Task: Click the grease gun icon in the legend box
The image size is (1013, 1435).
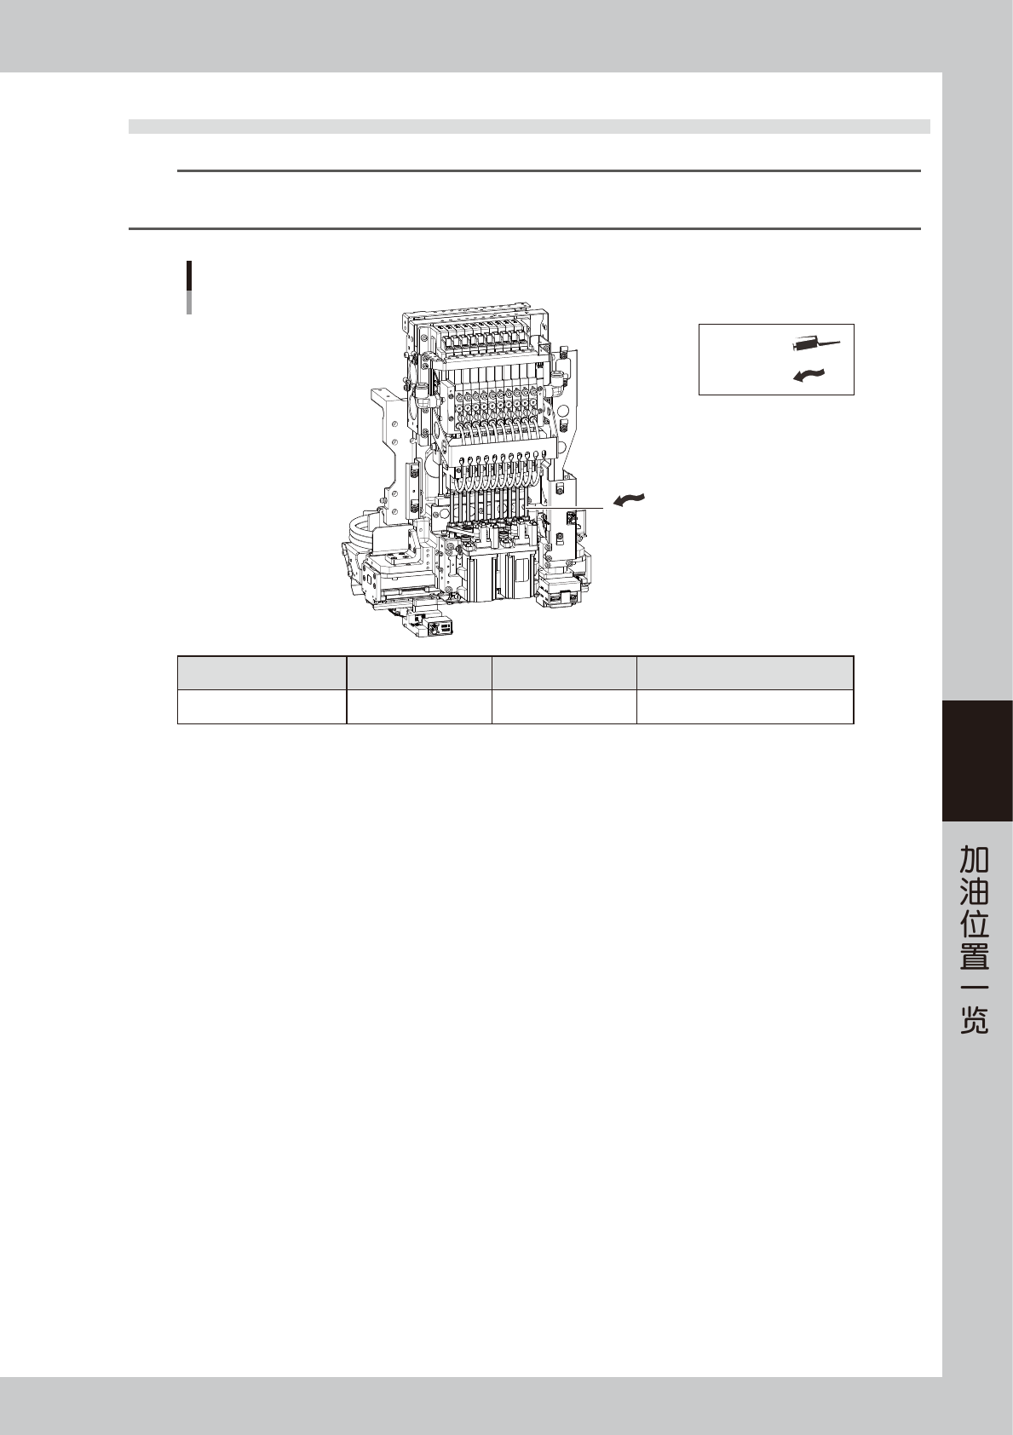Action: (x=815, y=343)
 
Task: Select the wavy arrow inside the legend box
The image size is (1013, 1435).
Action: (x=809, y=376)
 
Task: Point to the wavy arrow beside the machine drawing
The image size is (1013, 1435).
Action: (x=629, y=499)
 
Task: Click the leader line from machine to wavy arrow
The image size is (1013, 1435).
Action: (x=564, y=508)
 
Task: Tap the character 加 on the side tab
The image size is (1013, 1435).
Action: (x=974, y=859)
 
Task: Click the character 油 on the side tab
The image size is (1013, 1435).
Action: (x=974, y=891)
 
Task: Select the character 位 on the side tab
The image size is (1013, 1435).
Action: (x=974, y=923)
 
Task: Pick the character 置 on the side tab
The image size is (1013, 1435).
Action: (x=974, y=955)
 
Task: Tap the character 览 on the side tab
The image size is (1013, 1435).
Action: (x=974, y=1019)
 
